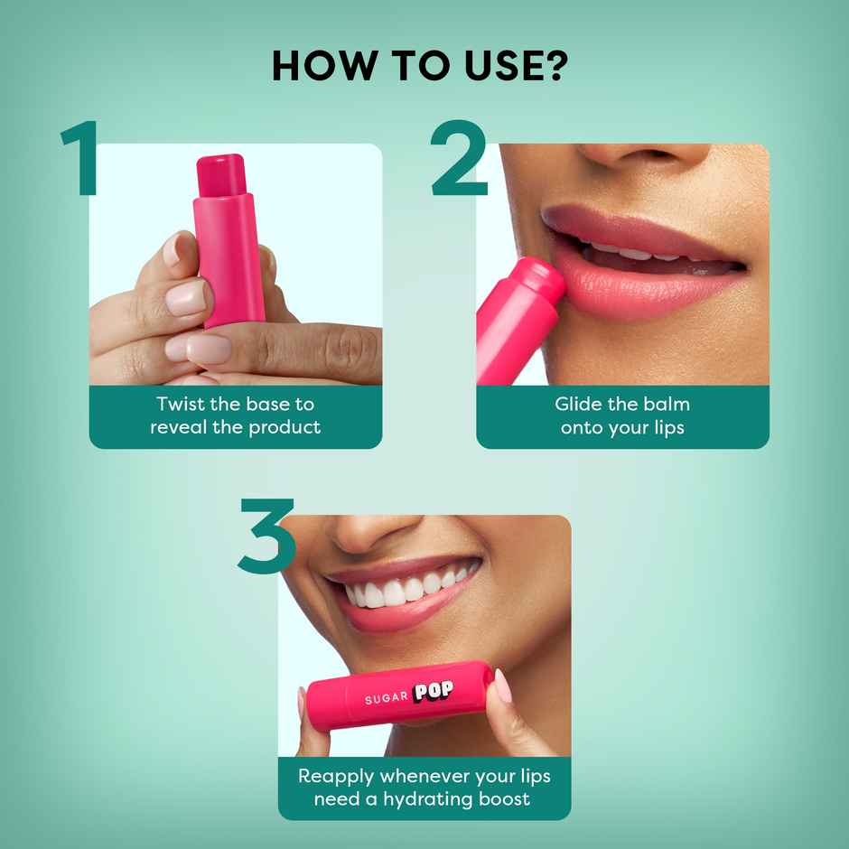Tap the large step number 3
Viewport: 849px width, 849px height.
[267, 536]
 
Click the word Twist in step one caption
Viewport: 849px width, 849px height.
[180, 404]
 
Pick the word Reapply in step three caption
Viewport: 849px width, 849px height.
[336, 776]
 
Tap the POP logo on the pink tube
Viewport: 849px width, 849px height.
[434, 693]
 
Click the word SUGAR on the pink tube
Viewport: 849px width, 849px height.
[387, 699]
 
